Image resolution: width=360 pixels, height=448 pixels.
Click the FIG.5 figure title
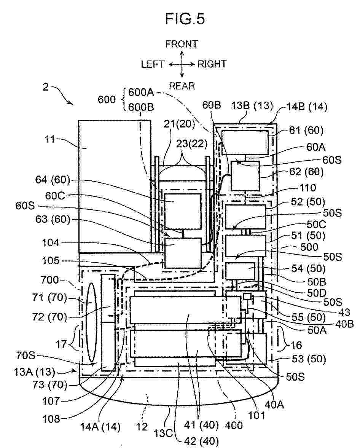(185, 19)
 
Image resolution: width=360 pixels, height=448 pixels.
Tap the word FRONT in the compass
(182, 44)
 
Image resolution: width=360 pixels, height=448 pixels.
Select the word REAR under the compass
(182, 86)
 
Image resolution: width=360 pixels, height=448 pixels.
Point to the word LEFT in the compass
(153, 64)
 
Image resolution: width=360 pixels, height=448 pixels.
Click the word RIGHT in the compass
(212, 64)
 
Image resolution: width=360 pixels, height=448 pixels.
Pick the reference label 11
(50, 139)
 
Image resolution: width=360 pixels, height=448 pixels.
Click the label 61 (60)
(306, 130)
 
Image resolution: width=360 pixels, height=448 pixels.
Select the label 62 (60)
(306, 171)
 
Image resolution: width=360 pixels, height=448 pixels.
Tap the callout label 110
(307, 188)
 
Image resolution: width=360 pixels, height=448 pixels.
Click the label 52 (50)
(308, 202)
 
